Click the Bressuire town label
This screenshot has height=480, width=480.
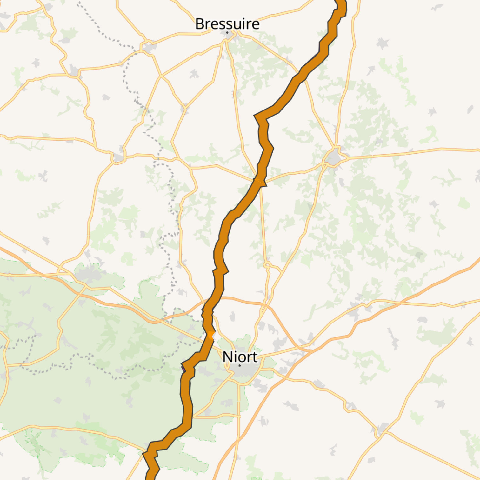click(x=227, y=24)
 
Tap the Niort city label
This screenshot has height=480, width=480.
click(x=240, y=357)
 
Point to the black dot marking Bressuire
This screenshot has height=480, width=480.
click(x=227, y=32)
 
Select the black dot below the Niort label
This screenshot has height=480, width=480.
click(x=240, y=365)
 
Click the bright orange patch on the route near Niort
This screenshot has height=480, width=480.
click(x=211, y=335)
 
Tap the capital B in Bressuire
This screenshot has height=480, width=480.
click(x=199, y=24)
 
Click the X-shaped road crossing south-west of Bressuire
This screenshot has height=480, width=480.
click(x=161, y=76)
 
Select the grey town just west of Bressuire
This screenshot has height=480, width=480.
click(x=149, y=48)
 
